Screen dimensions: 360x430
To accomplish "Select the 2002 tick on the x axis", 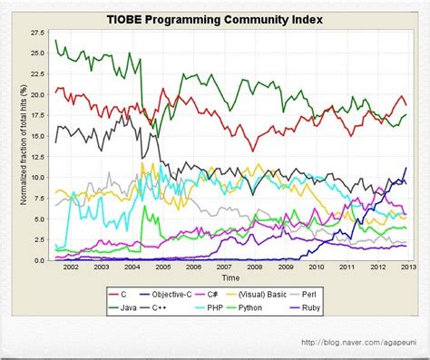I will click(x=71, y=268).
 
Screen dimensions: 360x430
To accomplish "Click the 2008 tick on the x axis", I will click(x=254, y=268).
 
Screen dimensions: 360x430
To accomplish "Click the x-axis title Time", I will click(x=231, y=278).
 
